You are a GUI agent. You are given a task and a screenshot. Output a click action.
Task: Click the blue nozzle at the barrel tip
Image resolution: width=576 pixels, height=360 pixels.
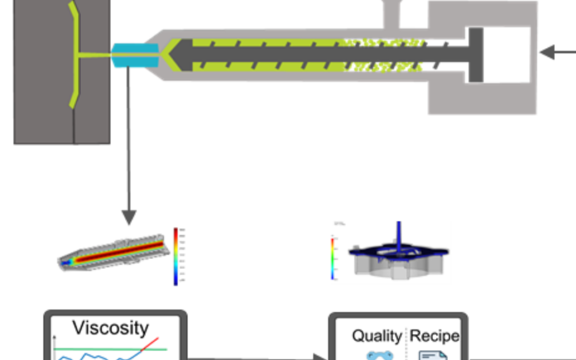pos(135,55)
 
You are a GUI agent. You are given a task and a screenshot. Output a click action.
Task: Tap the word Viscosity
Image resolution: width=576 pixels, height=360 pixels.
pos(110,327)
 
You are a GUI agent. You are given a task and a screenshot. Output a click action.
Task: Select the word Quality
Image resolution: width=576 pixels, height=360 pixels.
pos(377,336)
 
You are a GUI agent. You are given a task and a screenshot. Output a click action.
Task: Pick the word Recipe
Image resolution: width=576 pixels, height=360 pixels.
pos(434,336)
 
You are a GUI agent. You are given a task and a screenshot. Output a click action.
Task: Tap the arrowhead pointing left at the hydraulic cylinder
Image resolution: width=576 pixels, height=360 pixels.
pos(546,52)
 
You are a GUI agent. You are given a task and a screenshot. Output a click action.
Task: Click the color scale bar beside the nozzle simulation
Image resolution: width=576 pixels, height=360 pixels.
pos(175,256)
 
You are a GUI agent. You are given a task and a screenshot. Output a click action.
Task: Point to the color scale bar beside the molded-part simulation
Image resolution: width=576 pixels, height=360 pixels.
pos(333,259)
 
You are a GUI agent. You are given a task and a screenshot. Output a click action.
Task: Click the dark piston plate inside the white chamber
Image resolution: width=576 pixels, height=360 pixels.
pos(476,55)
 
